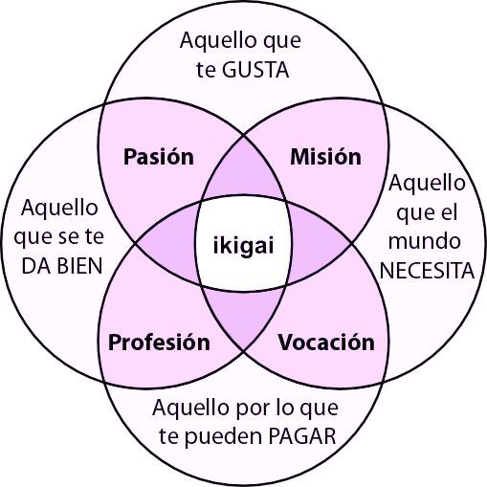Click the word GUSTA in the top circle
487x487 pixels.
[255, 70]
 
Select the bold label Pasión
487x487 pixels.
[159, 157]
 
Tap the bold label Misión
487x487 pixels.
[325, 157]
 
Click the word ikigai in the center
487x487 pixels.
[243, 246]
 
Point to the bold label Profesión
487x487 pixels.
[159, 343]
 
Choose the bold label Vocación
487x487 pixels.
[326, 343]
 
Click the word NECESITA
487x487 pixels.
[427, 271]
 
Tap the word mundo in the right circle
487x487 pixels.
[424, 241]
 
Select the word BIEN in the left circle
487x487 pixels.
[80, 266]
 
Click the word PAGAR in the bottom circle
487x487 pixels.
[302, 436]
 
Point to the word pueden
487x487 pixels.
[223, 436]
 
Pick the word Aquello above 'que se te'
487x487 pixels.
[59, 208]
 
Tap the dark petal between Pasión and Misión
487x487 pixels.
[243, 170]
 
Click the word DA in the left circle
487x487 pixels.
[35, 266]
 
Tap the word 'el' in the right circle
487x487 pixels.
[450, 211]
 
